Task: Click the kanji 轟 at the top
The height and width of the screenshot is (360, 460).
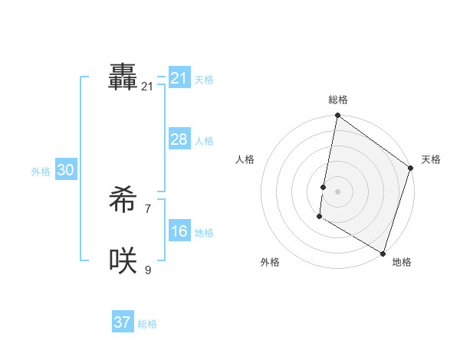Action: pos(123,77)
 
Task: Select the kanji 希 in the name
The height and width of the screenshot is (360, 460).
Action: pos(123,201)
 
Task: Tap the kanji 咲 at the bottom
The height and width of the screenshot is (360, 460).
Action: pos(123,261)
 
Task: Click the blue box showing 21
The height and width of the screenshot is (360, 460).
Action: pos(179,77)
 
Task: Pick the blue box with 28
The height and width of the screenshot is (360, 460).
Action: pos(179,139)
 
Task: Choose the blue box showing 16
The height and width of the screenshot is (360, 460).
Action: pos(179,232)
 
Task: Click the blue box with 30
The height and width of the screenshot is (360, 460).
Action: pos(65,171)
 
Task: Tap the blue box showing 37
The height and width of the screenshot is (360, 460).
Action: pos(123,322)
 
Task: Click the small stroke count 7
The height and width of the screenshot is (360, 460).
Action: pos(147,208)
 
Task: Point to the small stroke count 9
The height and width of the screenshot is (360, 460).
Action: pos(147,269)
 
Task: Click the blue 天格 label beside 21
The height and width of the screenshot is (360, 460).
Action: pos(204,79)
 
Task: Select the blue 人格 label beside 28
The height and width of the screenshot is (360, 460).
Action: pos(204,141)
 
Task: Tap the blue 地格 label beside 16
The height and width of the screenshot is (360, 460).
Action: pos(204,233)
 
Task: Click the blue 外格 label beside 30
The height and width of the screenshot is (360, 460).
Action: pos(41,172)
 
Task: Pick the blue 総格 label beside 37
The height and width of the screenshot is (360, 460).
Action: pos(147,324)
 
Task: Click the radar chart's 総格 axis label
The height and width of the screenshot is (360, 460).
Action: pos(338,100)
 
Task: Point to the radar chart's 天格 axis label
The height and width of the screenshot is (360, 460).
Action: pos(431,159)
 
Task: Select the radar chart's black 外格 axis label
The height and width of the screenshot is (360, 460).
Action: pos(270,262)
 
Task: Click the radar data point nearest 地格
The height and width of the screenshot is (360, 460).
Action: pos(383,253)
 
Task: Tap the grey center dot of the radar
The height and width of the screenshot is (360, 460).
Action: pos(338,191)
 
